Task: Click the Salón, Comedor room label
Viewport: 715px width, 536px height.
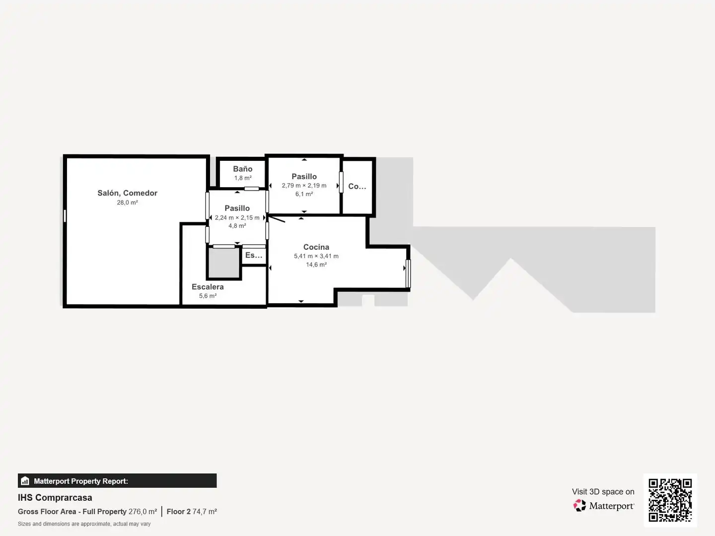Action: click(x=128, y=193)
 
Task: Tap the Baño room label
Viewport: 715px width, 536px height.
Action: click(x=243, y=169)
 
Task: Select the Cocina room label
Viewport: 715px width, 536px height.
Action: click(x=316, y=247)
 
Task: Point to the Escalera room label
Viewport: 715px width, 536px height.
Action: click(x=208, y=287)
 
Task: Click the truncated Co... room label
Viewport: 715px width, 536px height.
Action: click(x=357, y=186)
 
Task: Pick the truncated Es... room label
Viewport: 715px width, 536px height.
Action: click(x=254, y=255)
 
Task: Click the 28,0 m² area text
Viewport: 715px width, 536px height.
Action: click(x=128, y=202)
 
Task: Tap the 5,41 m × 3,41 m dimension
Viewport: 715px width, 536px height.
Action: click(x=316, y=256)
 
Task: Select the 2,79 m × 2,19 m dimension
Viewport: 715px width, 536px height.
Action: click(x=304, y=186)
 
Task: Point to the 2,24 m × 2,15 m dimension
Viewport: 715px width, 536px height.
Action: click(x=237, y=217)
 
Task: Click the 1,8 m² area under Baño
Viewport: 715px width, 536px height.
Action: click(x=243, y=178)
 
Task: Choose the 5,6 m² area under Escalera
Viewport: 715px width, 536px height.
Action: click(x=208, y=296)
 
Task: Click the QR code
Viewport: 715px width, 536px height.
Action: click(x=670, y=500)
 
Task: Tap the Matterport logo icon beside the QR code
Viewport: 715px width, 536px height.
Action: click(x=579, y=505)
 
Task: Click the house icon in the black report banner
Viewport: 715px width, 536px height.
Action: click(x=25, y=481)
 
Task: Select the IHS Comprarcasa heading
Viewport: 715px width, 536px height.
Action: click(x=55, y=498)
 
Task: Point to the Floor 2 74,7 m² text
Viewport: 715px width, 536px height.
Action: click(x=192, y=512)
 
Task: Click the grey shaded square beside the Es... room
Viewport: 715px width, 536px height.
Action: click(x=224, y=263)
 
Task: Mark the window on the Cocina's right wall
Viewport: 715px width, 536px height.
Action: click(x=408, y=273)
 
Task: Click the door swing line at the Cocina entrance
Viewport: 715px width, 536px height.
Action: click(x=277, y=219)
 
